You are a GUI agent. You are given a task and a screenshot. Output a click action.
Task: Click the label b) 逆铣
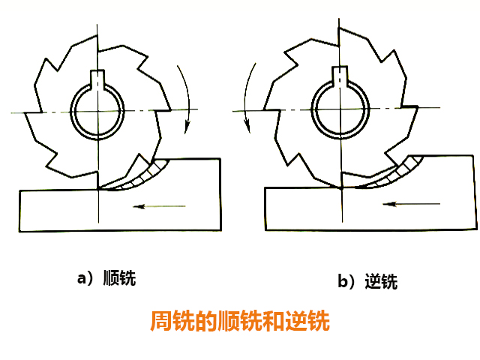(x=367, y=282)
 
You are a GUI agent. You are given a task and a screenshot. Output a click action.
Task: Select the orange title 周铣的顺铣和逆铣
(x=240, y=322)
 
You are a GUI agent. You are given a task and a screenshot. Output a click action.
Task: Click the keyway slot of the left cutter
(x=97, y=77)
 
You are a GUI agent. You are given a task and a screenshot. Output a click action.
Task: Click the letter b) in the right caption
(x=346, y=282)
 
